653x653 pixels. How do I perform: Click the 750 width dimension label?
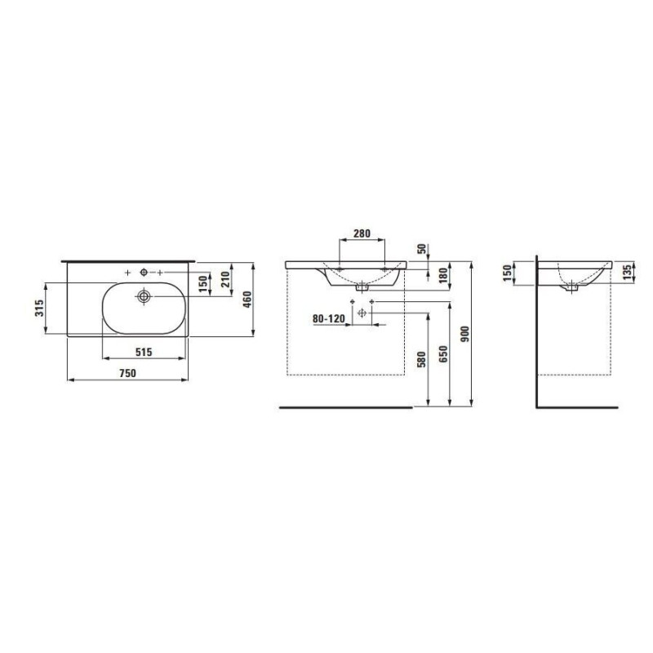pos(128,373)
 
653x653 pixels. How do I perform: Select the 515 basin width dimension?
pos(144,352)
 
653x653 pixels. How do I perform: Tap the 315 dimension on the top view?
pos(38,309)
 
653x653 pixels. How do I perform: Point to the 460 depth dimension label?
pos(247,300)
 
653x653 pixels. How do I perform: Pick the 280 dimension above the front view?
pos(362,233)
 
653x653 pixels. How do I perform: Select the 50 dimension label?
pos(422,249)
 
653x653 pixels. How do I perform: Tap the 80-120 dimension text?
pos(329,318)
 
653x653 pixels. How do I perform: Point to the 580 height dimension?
pos(422,360)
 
